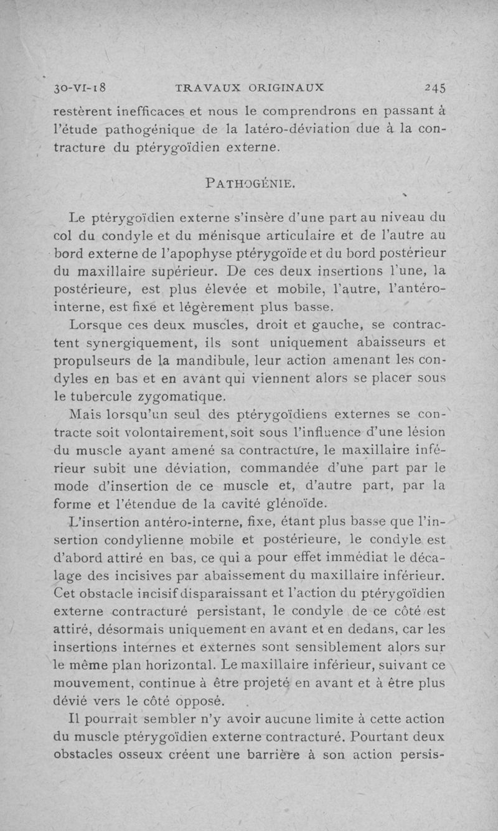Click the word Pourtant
[380, 738]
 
